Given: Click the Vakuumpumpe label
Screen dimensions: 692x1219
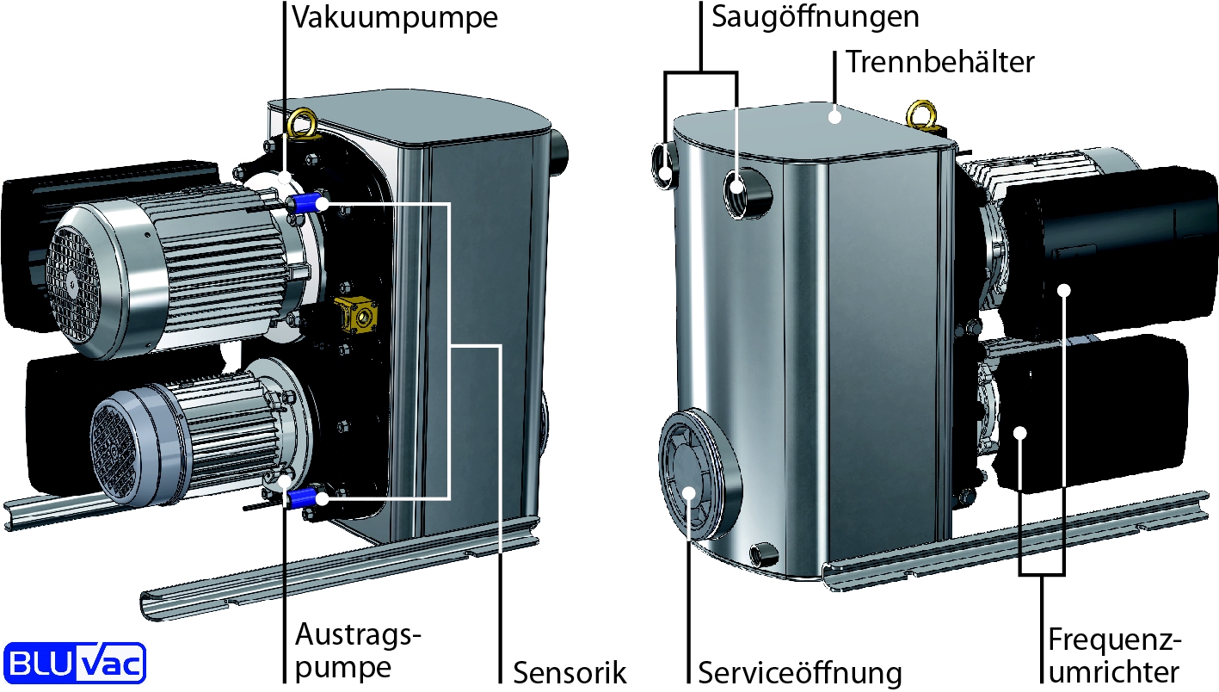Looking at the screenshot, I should point(395,18).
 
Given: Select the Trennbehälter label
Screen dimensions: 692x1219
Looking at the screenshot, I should point(939,62).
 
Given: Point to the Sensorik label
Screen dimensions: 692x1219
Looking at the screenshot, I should point(569,672).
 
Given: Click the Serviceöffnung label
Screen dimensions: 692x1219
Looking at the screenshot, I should point(799,672).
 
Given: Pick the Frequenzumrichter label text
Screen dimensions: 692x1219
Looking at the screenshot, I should point(1114,656).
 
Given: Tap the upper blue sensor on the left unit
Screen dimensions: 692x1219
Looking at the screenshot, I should point(308,204).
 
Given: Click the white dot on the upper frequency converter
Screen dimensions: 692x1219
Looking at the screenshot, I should point(1064,290).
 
